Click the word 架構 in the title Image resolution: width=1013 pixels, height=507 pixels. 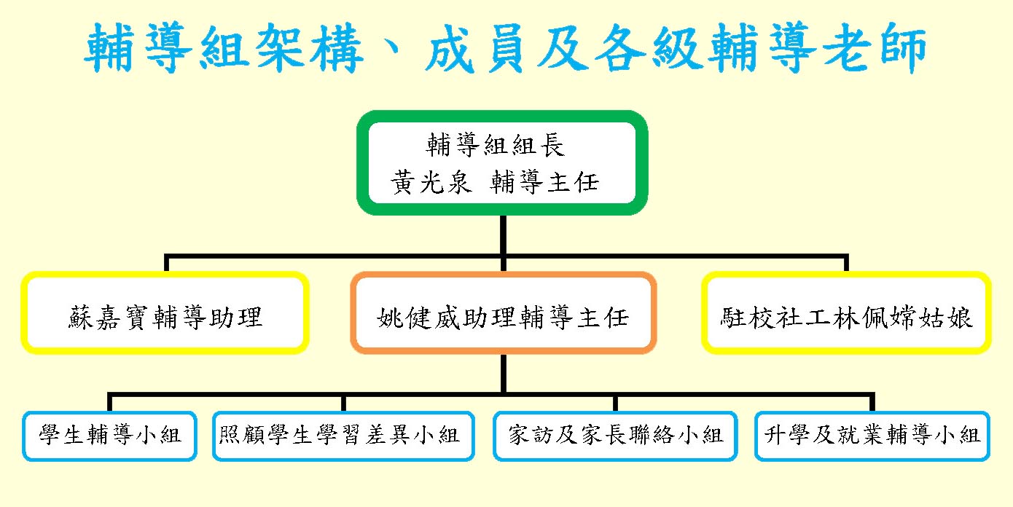(309, 47)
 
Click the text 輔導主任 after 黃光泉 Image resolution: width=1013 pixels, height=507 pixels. (545, 182)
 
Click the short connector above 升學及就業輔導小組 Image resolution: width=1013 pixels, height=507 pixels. (872, 402)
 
